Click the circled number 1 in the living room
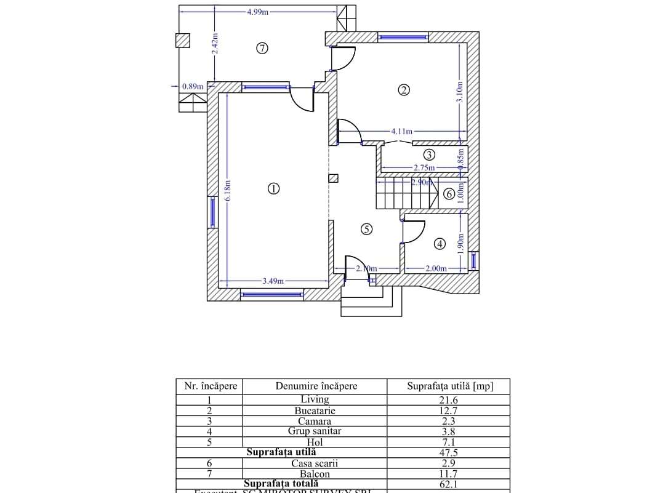[274, 188]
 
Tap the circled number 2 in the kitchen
[404, 90]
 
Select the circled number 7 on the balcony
[262, 48]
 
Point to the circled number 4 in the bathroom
[440, 244]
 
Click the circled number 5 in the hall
[366, 229]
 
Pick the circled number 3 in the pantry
[430, 154]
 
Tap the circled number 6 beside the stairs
[449, 194]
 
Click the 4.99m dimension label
[257, 12]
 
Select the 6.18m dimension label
[227, 190]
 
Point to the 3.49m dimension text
[273, 281]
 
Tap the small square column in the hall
[333, 178]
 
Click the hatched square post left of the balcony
[183, 40]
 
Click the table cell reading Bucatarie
[315, 411]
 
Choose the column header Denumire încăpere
[316, 387]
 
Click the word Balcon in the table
[315, 474]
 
